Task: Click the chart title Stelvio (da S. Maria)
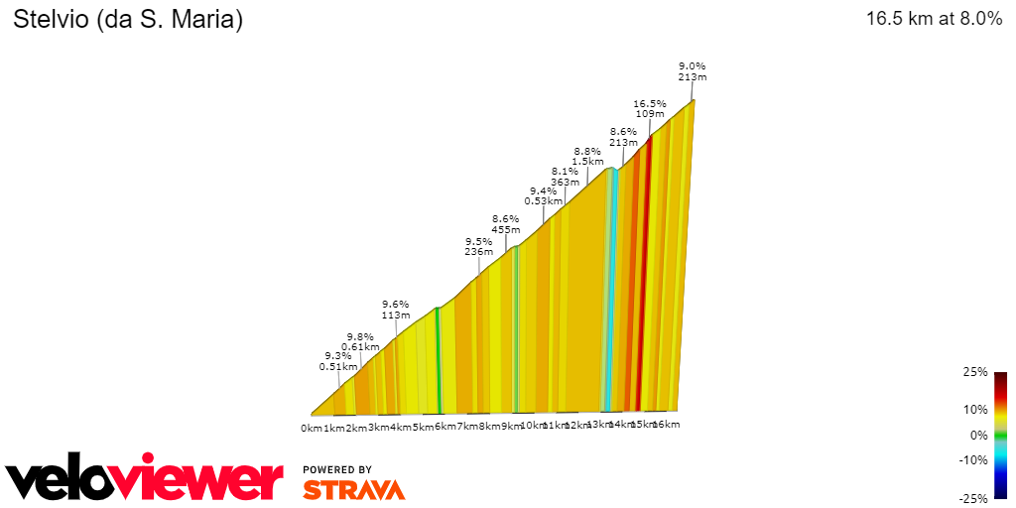[128, 19]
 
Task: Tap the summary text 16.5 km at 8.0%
[934, 19]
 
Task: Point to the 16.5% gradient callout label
[649, 108]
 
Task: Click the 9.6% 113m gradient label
[396, 310]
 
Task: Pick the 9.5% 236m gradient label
[479, 246]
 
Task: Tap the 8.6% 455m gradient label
[505, 223]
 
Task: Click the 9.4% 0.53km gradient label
[543, 195]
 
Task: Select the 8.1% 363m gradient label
[565, 176]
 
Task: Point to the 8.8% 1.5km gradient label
[587, 156]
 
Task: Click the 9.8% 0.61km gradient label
[360, 341]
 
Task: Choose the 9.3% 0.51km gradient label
[337, 360]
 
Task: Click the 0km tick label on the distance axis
[312, 428]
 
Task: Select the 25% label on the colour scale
[975, 372]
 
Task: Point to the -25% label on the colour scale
[973, 498]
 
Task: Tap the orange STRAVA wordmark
[353, 489]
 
